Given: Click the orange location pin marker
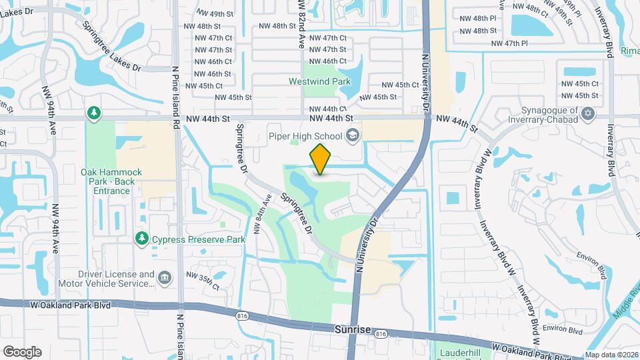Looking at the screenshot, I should click(321, 159).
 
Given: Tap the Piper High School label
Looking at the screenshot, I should click(305, 136).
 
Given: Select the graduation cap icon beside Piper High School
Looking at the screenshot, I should click(353, 137).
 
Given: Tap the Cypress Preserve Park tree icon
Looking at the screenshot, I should click(141, 238).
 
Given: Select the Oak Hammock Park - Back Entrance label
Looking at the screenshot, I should click(107, 181).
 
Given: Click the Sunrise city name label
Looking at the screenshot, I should click(351, 329).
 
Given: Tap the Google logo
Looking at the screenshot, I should click(22, 351).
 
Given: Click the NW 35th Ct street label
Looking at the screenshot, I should click(203, 281).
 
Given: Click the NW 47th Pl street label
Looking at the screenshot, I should click(509, 43).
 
